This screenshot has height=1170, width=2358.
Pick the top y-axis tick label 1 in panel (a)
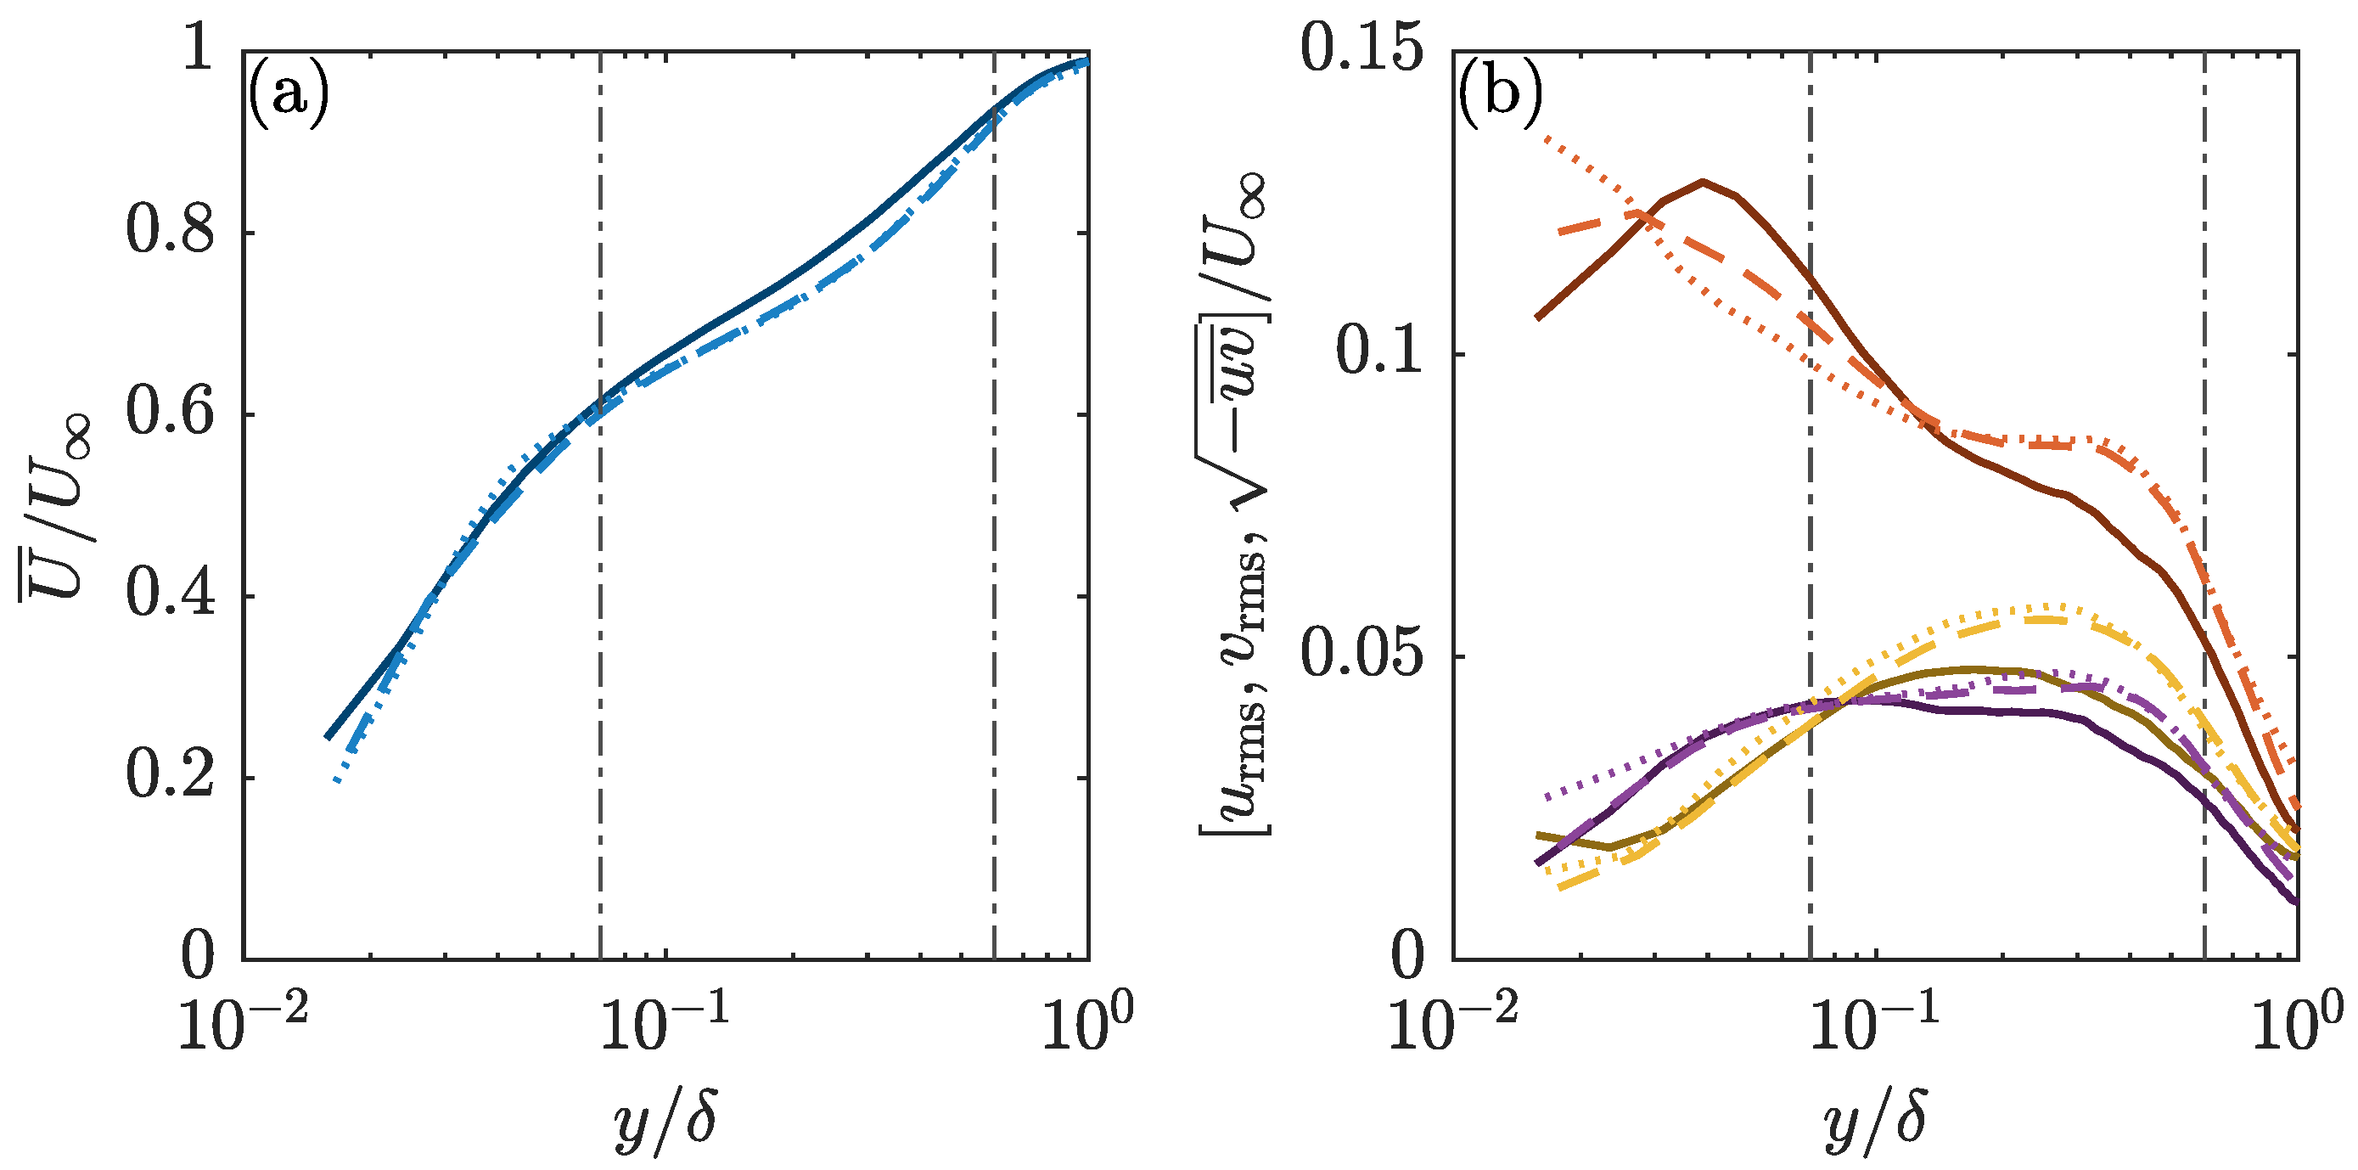[199, 49]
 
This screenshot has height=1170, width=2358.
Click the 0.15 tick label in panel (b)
[1362, 49]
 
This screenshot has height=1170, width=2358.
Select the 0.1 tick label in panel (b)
[1380, 352]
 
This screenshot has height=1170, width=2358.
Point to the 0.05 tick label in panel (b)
[1362, 655]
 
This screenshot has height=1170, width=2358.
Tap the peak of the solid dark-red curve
[1703, 181]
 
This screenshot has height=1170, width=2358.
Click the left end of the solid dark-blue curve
[327, 738]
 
